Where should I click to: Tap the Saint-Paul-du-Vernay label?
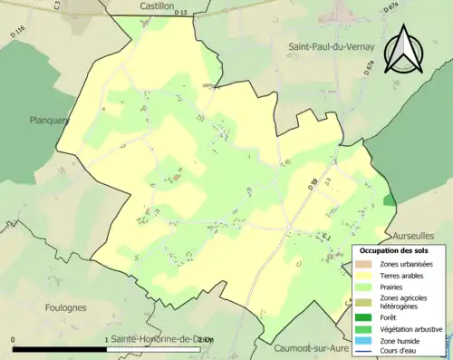click(x=330, y=46)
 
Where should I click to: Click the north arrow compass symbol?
click(x=405, y=50)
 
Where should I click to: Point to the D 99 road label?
click(x=313, y=184)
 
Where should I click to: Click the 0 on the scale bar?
click(x=14, y=340)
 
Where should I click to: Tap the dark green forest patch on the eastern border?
click(x=390, y=200)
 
